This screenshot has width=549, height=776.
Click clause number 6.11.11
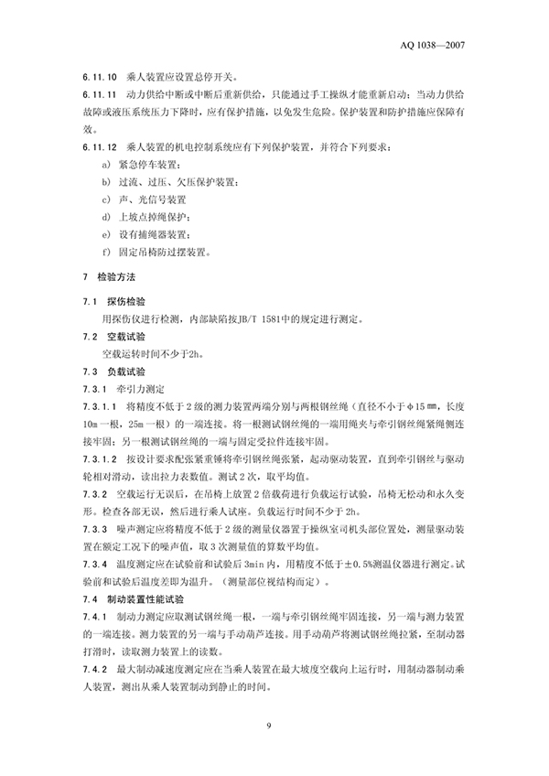point(98,94)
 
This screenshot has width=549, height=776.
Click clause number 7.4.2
point(94,671)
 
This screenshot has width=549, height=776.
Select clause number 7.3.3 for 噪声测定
point(94,529)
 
